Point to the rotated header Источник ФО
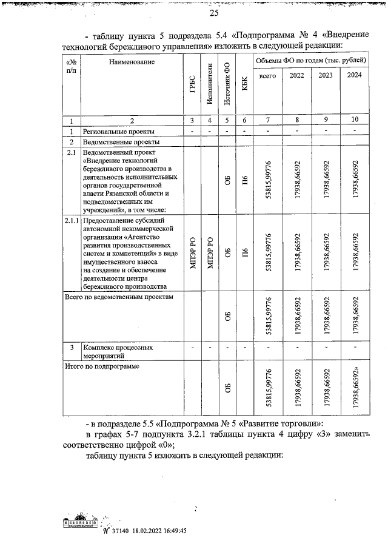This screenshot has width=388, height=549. click(x=227, y=83)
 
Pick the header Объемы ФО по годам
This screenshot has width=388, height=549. click(x=311, y=61)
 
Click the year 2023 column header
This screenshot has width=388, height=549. click(x=326, y=76)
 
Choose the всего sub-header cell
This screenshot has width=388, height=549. click(x=267, y=76)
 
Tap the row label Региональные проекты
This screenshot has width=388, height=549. click(x=119, y=131)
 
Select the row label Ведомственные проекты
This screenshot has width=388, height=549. click(x=122, y=141)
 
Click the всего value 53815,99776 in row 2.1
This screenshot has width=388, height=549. click(x=267, y=179)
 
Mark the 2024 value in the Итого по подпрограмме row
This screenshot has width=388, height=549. click(x=354, y=388)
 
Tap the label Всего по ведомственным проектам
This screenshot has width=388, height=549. click(x=119, y=297)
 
